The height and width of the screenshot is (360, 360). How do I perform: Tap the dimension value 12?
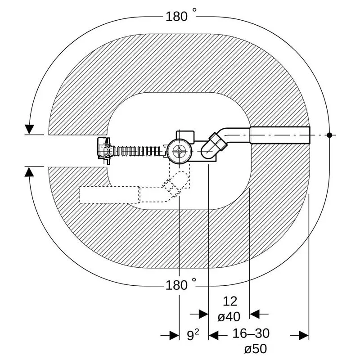[x=230, y=301]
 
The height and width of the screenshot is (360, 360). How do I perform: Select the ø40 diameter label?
[x=229, y=317]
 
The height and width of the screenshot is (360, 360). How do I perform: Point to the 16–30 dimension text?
[x=251, y=333]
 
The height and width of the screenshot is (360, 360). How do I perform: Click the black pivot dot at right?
[x=329, y=135]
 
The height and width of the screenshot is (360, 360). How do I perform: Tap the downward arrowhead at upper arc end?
[x=29, y=130]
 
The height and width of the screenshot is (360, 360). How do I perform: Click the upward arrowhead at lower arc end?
[x=29, y=172]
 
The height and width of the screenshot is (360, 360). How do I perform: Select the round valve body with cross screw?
[x=179, y=151]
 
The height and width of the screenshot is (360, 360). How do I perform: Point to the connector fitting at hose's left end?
[x=104, y=151]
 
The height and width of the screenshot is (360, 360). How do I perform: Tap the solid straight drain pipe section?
[x=280, y=135]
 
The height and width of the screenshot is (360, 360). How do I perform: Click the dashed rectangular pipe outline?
[x=109, y=195]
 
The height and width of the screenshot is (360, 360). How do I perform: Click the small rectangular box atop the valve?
[x=185, y=136]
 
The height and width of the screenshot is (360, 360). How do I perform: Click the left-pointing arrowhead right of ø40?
[x=254, y=314]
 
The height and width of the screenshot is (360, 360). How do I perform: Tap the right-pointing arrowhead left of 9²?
[x=174, y=335]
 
